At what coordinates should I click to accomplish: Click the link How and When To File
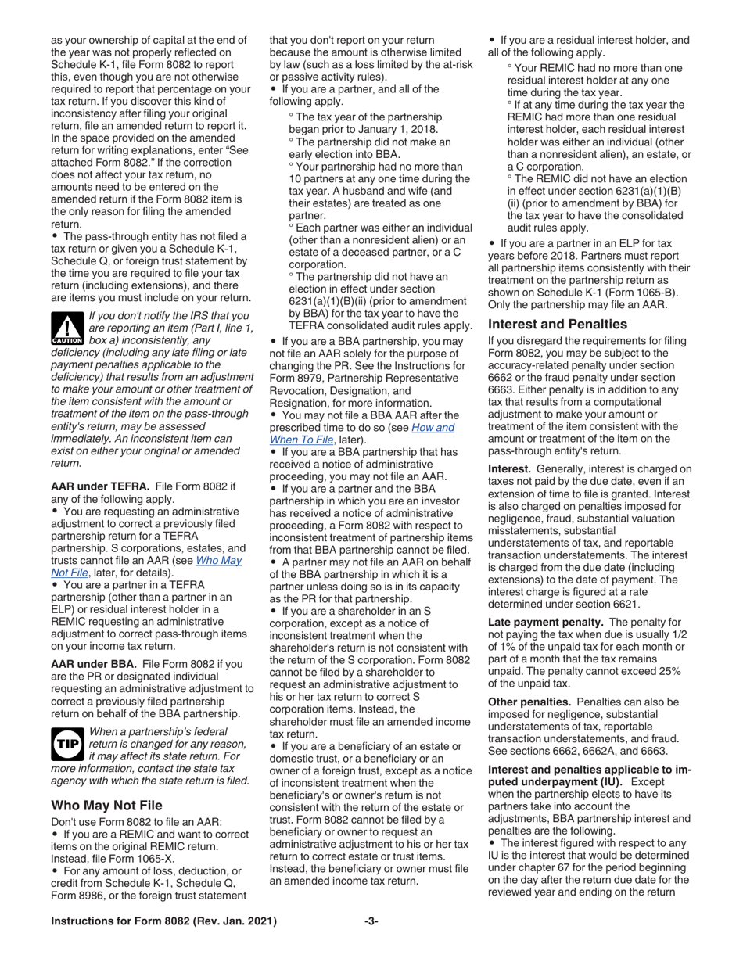[361, 433]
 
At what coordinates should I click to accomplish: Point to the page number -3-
[371, 921]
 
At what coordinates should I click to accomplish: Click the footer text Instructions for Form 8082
[164, 921]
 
